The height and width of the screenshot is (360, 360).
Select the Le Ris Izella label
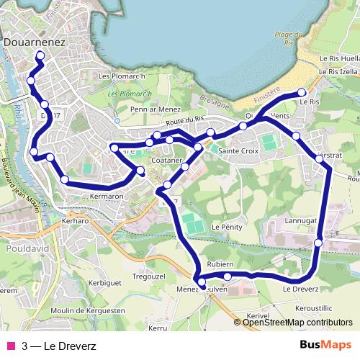click(337, 72)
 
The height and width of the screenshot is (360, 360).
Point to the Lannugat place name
click(302, 220)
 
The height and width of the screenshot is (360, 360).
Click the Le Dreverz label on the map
click(300, 289)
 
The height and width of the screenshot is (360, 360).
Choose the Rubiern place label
click(220, 264)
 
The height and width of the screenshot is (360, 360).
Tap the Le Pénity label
click(226, 226)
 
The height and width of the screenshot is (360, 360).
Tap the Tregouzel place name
click(151, 276)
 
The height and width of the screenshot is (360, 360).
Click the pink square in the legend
click(11, 345)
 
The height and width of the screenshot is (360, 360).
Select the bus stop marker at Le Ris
click(302, 92)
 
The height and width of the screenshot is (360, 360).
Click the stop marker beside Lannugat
click(318, 243)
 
